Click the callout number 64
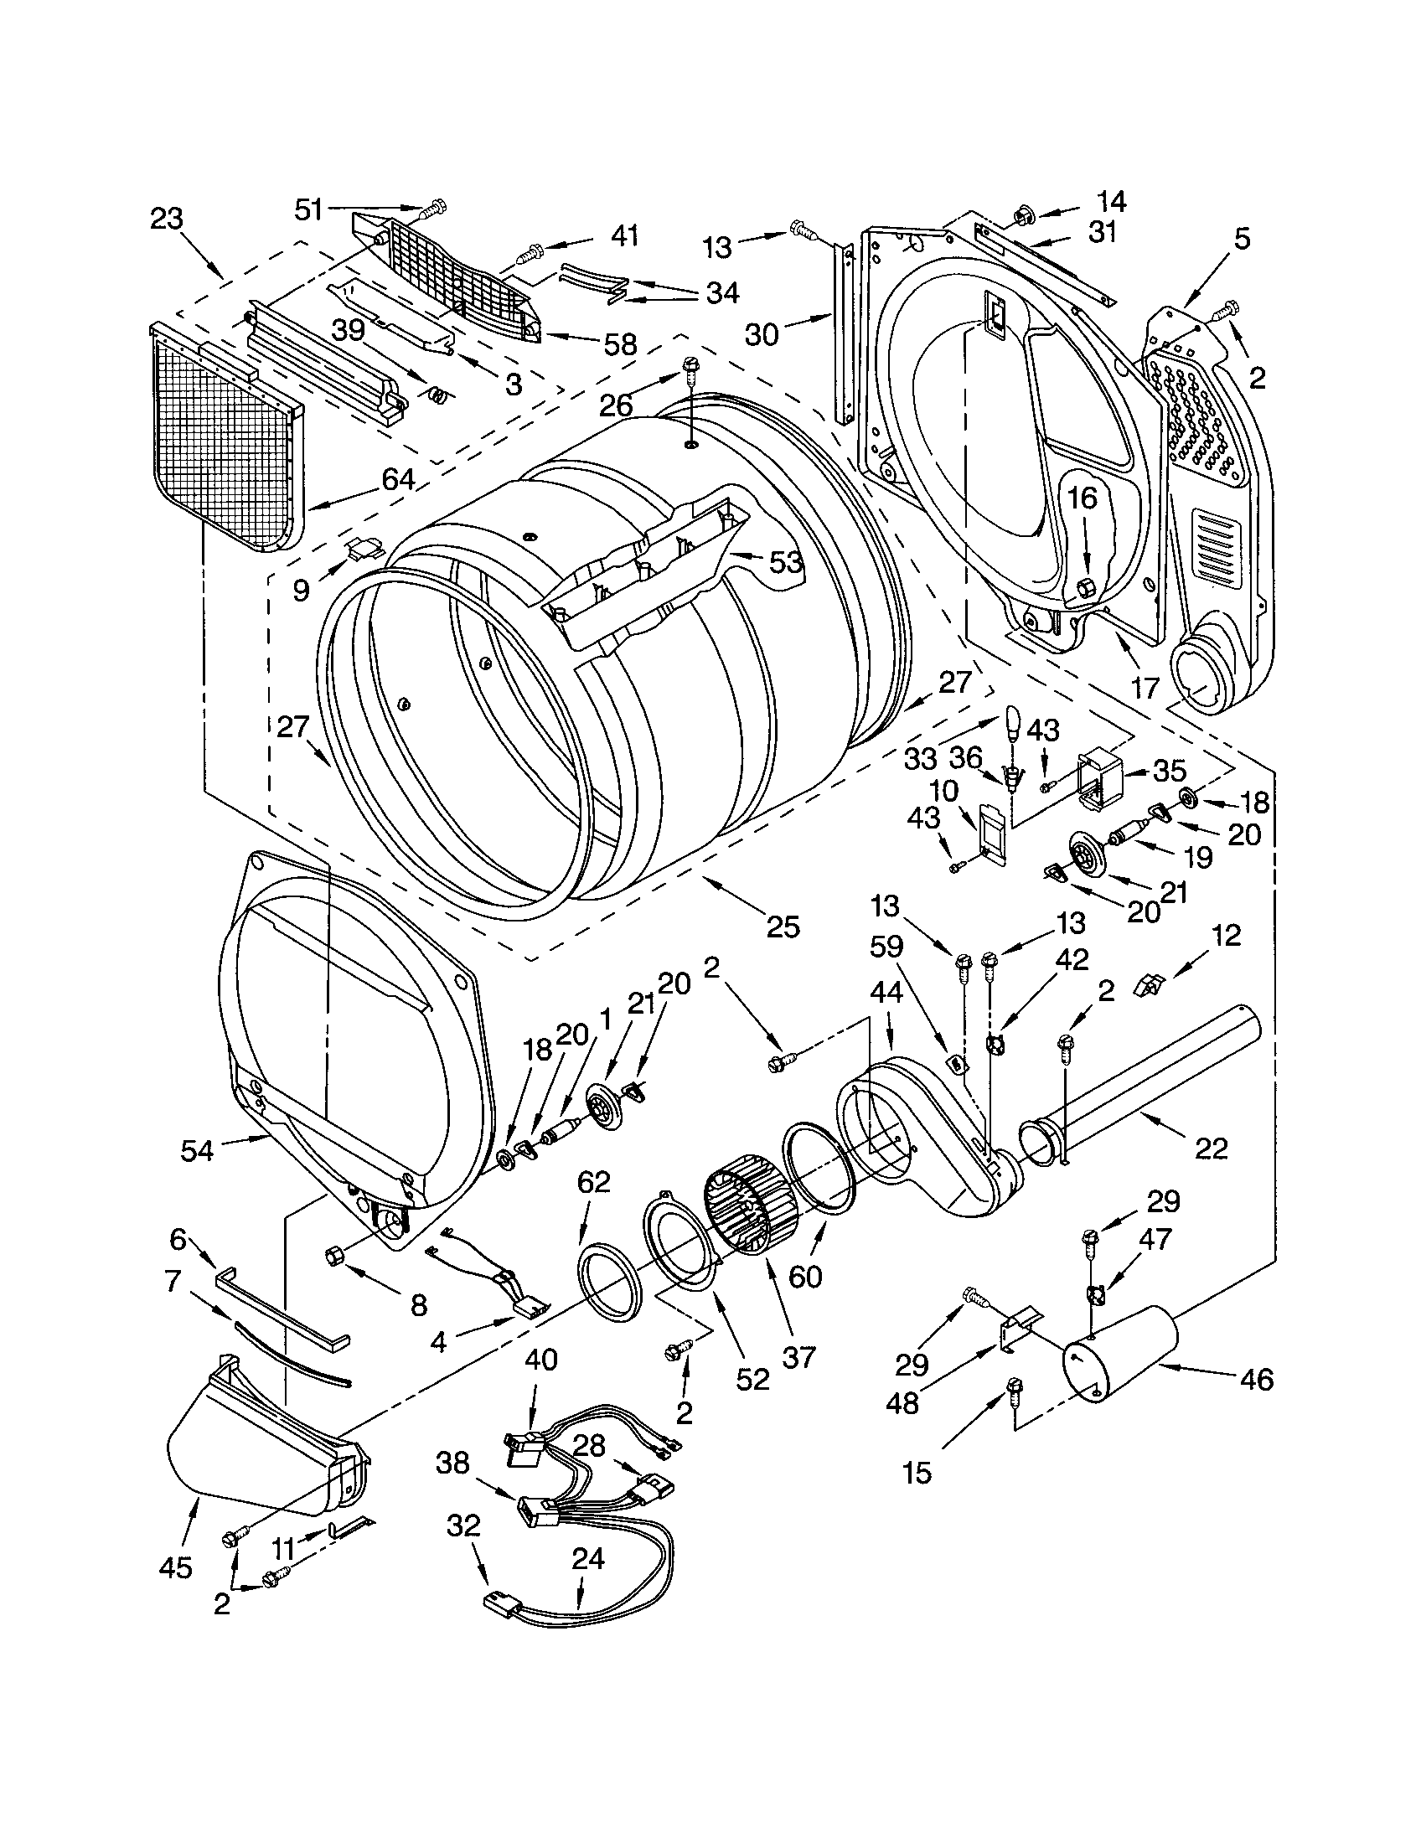click(x=398, y=479)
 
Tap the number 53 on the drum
click(x=785, y=561)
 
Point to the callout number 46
click(x=1257, y=1379)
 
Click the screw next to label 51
click(x=436, y=206)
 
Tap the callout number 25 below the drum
click(x=783, y=927)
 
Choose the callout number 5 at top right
click(x=1240, y=239)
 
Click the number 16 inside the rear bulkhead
click(x=1083, y=498)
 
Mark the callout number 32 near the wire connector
click(x=464, y=1525)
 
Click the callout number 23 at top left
click(x=166, y=219)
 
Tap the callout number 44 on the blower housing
click(x=886, y=993)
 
